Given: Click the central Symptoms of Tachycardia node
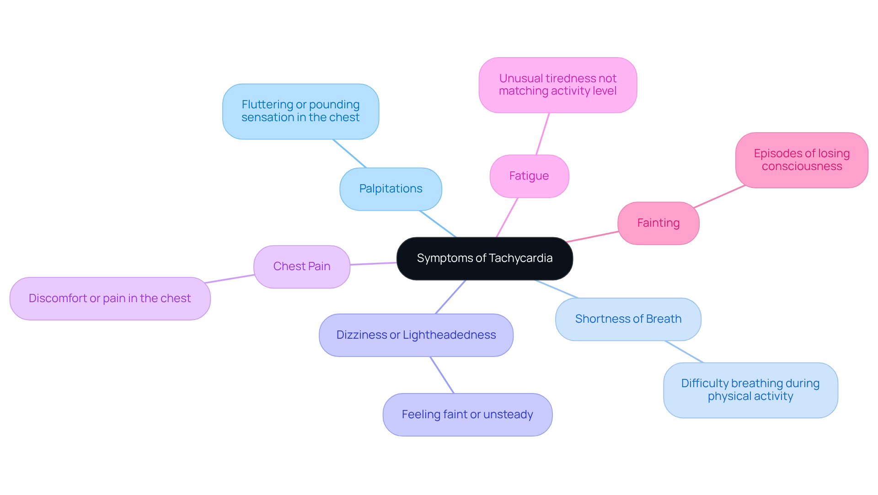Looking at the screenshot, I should (484, 259).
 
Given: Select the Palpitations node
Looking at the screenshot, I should (391, 189).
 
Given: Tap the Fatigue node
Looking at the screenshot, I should (529, 176).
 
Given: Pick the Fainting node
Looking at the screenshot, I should (658, 223).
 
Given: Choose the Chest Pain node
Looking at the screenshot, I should (301, 266).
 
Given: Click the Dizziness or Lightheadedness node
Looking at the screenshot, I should (416, 335).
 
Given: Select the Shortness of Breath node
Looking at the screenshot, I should (628, 319).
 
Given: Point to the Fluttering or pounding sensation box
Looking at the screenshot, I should (300, 111).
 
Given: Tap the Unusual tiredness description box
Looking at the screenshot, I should (557, 85).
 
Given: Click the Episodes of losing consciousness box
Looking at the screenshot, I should (801, 160).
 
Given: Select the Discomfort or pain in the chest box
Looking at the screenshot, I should (110, 298).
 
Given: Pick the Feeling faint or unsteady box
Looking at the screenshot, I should (467, 415).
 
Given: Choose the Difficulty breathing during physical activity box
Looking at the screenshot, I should (750, 390).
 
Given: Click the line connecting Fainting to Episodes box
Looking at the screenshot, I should (720, 197).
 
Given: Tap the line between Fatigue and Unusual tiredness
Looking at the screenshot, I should (542, 134).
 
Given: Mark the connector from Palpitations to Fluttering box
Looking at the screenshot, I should (350, 154).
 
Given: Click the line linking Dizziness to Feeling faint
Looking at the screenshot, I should (442, 375).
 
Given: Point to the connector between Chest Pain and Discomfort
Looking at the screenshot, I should (230, 279).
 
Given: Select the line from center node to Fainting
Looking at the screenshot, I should (593, 237).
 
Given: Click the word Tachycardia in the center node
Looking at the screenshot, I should (520, 258).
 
